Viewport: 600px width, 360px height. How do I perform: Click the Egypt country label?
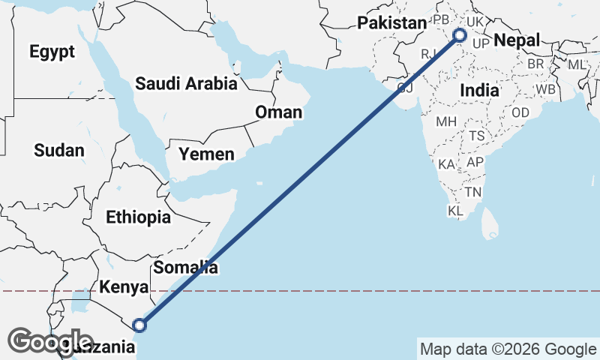[52, 52]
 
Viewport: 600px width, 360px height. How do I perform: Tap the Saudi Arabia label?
[186, 83]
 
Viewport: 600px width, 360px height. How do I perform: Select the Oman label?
[278, 112]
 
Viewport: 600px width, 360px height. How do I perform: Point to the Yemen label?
[206, 154]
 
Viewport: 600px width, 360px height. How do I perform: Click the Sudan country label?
[59, 150]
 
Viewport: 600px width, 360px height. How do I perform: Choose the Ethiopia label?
[138, 217]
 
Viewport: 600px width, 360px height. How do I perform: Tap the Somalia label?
[185, 267]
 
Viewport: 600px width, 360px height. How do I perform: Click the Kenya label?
[124, 287]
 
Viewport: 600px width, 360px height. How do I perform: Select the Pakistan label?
[391, 23]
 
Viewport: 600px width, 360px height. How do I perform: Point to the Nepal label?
[517, 40]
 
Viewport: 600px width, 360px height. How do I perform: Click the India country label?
[479, 90]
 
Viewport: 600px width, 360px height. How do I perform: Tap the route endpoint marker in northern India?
[460, 34]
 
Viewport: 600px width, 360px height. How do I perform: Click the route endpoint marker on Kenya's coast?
[139, 325]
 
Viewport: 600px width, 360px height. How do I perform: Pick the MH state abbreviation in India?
[445, 121]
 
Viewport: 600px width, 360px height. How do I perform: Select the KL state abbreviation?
[455, 211]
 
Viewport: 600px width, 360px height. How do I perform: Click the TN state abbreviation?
[472, 192]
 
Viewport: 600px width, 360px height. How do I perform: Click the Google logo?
[40, 341]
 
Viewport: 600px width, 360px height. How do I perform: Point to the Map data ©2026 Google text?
[508, 349]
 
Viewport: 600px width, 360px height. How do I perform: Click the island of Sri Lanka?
[491, 222]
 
